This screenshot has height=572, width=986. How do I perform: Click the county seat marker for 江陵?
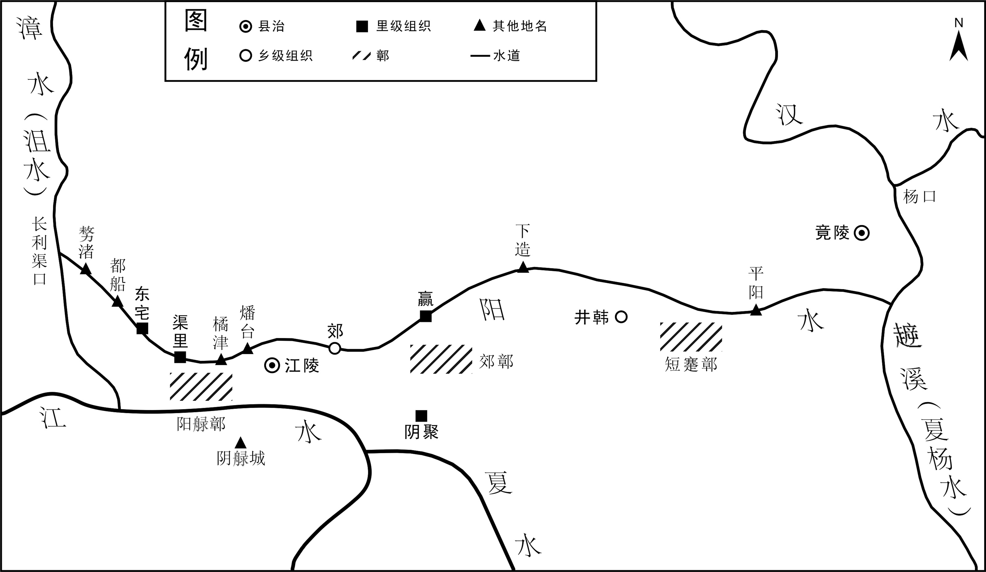(x=272, y=366)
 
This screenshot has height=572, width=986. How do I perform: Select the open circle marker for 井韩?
(x=621, y=317)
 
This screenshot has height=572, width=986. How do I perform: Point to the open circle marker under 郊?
(x=335, y=348)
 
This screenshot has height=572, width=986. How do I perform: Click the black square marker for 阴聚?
(x=421, y=416)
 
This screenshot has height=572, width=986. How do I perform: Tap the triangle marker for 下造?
(x=523, y=267)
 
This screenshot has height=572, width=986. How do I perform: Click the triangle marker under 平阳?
(x=756, y=310)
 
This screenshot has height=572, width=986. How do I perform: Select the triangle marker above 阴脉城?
(x=240, y=443)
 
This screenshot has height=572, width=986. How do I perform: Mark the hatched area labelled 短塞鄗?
(x=691, y=337)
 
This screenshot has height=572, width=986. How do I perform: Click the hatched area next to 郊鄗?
(x=441, y=359)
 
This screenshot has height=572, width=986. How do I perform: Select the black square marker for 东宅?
(x=142, y=328)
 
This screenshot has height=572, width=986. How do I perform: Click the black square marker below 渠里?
(x=180, y=357)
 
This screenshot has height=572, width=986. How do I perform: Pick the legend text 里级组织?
(x=403, y=26)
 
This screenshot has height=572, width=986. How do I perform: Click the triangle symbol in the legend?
(x=480, y=26)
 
